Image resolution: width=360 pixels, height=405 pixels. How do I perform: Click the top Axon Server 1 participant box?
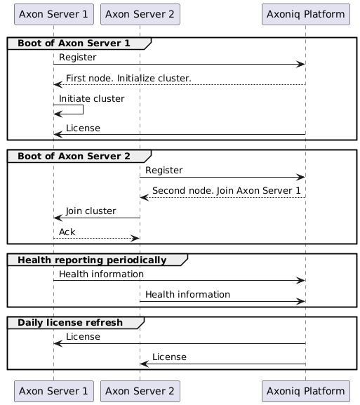[53, 13]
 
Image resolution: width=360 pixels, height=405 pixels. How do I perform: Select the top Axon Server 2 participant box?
[140, 13]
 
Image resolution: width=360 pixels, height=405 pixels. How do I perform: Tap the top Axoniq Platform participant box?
[305, 13]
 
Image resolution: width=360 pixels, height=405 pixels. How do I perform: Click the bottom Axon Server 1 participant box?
[53, 390]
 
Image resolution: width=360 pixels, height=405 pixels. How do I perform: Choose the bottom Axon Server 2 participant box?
[140, 390]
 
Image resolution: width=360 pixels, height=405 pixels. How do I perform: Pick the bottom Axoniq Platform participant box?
[305, 390]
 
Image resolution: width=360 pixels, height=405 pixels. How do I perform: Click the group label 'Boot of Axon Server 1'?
[74, 44]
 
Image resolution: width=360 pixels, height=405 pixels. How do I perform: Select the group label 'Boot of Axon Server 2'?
[74, 156]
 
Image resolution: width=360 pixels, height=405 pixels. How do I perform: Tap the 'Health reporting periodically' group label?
[92, 260]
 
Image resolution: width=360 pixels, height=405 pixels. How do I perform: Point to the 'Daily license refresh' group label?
[70, 323]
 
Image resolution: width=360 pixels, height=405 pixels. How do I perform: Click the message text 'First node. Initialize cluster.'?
[128, 77]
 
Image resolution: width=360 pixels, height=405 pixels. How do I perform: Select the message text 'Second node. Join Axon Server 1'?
[221, 190]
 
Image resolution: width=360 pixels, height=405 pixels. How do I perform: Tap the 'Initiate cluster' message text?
[92, 98]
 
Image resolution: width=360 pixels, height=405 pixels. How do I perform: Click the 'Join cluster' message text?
[91, 211]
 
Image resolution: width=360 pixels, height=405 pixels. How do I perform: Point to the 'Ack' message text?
[67, 232]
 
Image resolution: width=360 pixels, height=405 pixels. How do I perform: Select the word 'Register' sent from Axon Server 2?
[164, 170]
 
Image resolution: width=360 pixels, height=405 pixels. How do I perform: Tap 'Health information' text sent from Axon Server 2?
[187, 294]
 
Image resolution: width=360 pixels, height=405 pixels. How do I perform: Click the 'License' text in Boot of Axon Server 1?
[83, 128]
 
